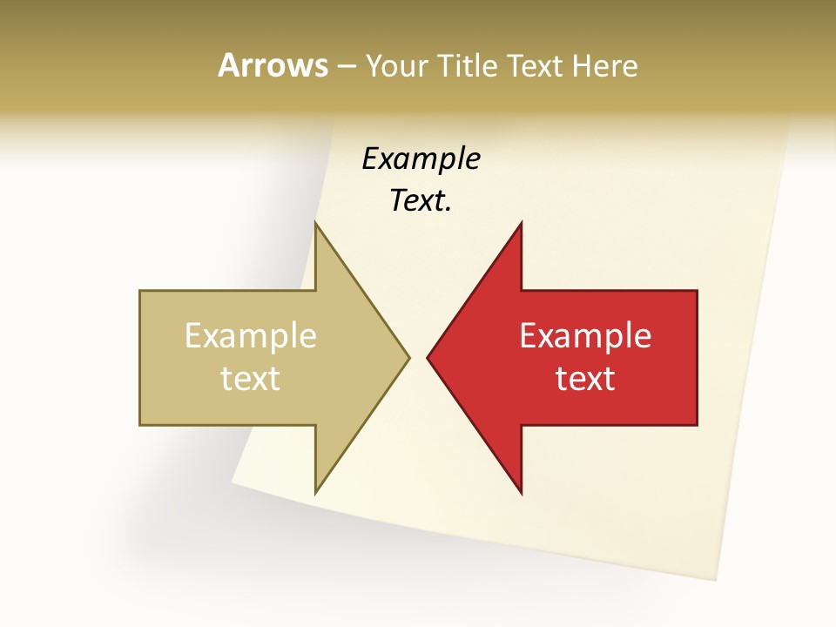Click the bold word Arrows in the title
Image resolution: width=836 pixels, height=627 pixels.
point(272,65)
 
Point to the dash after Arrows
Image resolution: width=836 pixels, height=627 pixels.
point(346,66)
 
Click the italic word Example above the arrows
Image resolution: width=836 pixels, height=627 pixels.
point(421,158)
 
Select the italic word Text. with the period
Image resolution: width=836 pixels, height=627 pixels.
point(421,201)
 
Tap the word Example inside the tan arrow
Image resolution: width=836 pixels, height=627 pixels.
point(251,336)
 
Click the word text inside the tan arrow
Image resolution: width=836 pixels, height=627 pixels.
point(251,379)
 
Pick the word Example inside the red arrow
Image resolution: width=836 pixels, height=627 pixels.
point(585,336)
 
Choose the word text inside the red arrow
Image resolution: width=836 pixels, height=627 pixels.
point(585,379)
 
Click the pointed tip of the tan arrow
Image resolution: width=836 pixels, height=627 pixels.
point(408,357)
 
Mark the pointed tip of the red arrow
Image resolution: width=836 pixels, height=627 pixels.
point(428,357)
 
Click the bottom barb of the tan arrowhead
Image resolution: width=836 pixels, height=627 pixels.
point(316,491)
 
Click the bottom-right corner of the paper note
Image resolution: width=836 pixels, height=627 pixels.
point(717,579)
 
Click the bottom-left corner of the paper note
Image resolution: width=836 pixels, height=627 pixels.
point(233,481)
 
